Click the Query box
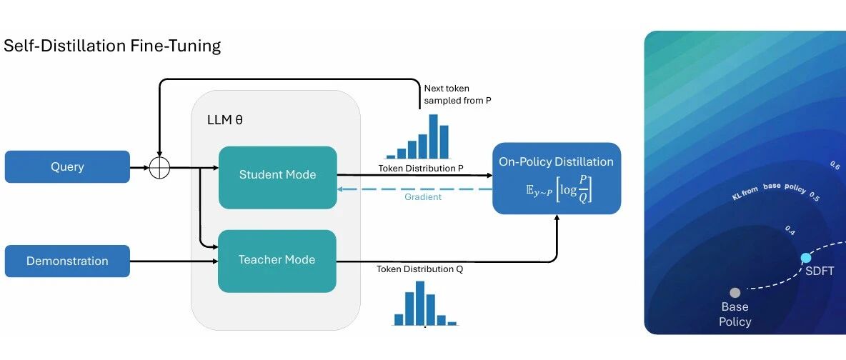[x=67, y=166]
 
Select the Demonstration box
[x=67, y=261]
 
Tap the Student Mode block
[x=277, y=178]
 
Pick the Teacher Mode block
[x=277, y=261]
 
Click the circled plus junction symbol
[x=159, y=167]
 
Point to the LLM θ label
[x=225, y=120]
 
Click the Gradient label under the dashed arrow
[x=423, y=197]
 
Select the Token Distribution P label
[x=421, y=169]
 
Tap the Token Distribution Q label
[x=419, y=269]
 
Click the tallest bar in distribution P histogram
[x=434, y=136]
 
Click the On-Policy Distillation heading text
[x=557, y=162]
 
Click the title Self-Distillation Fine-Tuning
[x=112, y=45]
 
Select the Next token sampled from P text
[x=457, y=94]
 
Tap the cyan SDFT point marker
[x=805, y=258]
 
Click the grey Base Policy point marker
[x=735, y=293]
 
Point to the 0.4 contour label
[x=790, y=231]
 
